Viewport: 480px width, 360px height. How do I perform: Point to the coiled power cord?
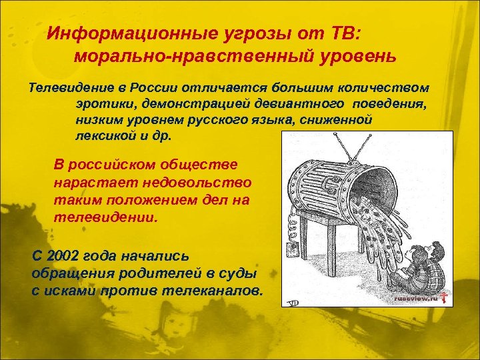[x=291, y=223]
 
